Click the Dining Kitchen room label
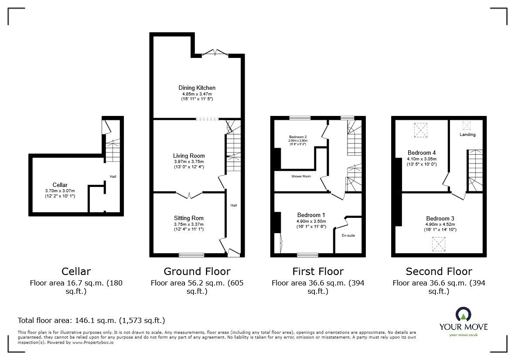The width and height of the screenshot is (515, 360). coord(197,88)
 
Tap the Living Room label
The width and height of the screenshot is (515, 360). coord(188,156)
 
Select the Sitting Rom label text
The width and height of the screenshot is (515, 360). coord(188,218)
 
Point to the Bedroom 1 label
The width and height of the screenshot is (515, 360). coord(311,215)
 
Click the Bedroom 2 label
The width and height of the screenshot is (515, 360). coord(297,137)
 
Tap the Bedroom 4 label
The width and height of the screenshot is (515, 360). coord(422,153)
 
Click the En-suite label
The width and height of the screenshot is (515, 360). coord(348,235)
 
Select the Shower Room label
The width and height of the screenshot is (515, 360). coord(301,177)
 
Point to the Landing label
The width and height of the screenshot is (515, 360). coord(467,135)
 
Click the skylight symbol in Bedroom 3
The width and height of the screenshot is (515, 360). coord(438,244)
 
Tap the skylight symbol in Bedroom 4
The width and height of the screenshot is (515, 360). coord(421,130)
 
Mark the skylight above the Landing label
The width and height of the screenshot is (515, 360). coord(467,126)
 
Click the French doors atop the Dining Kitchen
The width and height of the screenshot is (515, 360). coord(217,53)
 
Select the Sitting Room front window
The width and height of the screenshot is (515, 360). coord(191,255)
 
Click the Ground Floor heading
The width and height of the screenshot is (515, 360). coord(197,272)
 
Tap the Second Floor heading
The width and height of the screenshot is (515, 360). coord(439,272)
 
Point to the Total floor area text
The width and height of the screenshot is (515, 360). coord(91,320)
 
